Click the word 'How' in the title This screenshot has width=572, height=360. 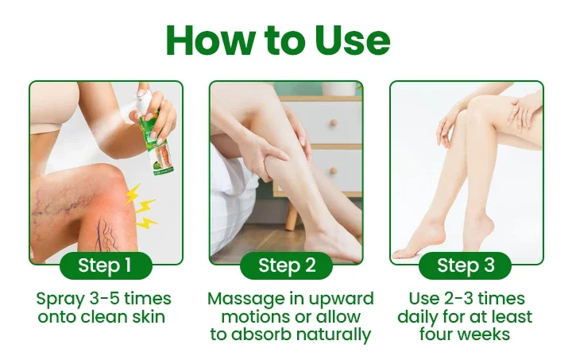pos(210,40)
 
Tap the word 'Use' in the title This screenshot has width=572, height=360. pos(353,40)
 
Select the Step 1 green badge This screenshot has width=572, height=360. pos(106,265)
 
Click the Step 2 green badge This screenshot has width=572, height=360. pos(286,265)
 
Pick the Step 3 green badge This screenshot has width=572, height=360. pos(465,265)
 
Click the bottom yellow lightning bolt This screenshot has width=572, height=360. pos(147,223)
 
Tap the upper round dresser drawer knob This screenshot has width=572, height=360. pos(333,123)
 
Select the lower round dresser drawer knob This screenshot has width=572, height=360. pos(333,170)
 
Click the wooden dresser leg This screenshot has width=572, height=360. pos(292,216)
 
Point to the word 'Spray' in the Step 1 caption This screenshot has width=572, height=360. pos(60,300)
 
